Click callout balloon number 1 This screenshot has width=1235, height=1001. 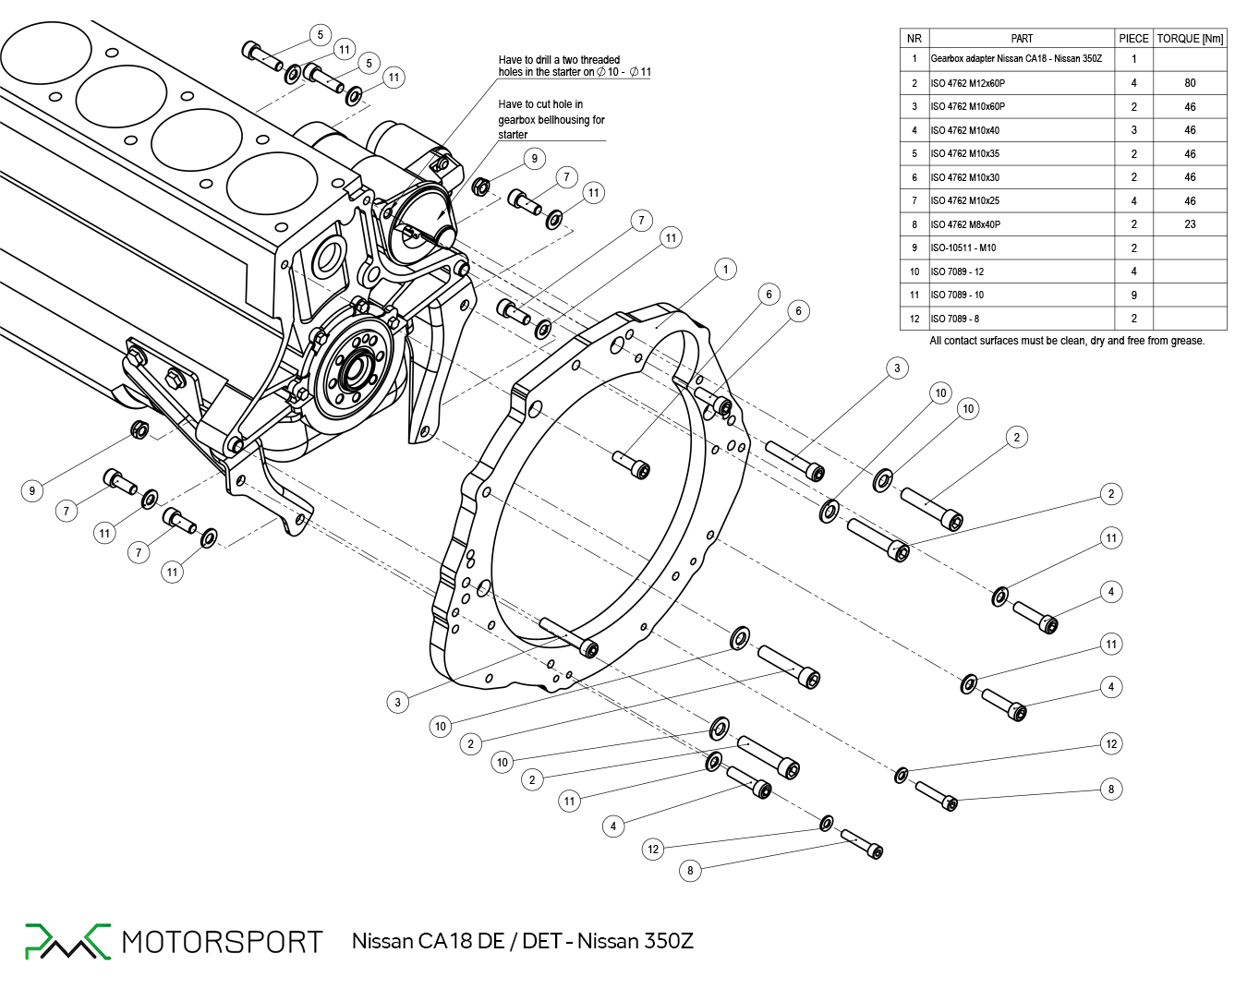coord(725,269)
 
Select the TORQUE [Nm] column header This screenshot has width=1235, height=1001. coord(1190,39)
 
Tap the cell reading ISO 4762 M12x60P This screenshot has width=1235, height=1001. coord(967,83)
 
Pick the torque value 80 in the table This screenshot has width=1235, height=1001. coord(1190,83)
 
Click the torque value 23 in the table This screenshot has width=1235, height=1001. coord(1190,224)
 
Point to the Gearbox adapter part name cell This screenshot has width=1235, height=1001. coord(1016,59)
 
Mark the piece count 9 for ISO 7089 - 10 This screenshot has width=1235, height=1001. coord(1133,295)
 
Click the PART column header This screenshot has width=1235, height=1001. coord(1022,39)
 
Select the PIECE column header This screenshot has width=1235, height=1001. coord(1133,39)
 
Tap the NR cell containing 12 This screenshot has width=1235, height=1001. coord(914,319)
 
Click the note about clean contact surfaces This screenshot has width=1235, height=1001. coord(1067,341)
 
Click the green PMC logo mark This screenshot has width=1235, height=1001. coord(67,941)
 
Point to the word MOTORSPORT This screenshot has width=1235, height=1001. coord(222,942)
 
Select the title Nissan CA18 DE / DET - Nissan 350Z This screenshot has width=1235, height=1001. coord(522,941)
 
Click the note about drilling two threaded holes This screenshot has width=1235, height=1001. coord(573,66)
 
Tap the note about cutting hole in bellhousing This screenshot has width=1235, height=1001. coord(551,119)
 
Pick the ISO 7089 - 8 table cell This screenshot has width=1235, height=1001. coord(955,319)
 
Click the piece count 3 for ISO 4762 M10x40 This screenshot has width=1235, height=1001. coord(1133,130)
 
